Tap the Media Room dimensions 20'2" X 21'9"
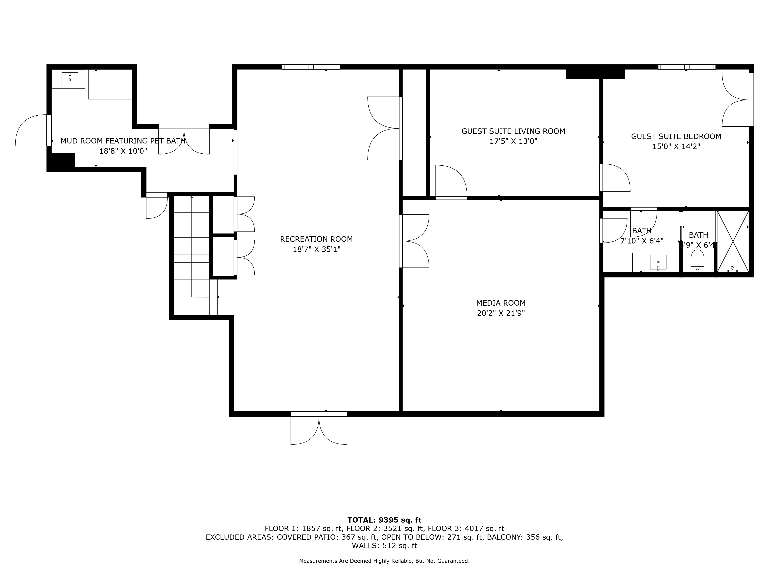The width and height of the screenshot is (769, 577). pos(501,313)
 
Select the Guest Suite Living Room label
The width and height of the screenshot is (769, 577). pos(513,131)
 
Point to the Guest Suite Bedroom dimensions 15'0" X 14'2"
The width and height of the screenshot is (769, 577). pos(676,146)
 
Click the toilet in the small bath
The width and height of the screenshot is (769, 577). pos(697,261)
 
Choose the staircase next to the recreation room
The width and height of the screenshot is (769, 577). pos(191,240)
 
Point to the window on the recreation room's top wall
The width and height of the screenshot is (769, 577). pos(311,67)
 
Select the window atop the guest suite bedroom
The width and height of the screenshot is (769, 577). pos(686,67)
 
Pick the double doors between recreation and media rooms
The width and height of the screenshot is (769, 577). pos(415,241)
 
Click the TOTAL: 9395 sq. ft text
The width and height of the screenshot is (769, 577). pos(384,520)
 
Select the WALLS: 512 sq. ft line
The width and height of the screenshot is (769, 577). pos(384,546)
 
